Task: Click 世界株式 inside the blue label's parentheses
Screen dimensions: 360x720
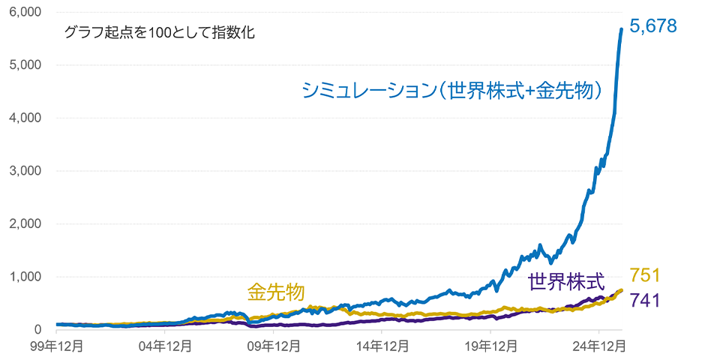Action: [484, 91]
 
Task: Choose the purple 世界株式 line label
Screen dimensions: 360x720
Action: [566, 282]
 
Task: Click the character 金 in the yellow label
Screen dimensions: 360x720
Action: [257, 291]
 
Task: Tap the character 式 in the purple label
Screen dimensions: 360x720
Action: [595, 282]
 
